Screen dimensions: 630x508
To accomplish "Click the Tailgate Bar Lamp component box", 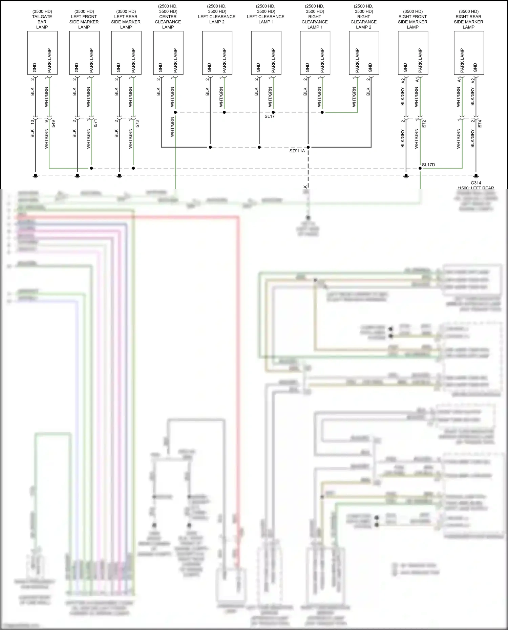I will click(42, 53).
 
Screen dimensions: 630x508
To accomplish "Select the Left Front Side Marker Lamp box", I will click(84, 53).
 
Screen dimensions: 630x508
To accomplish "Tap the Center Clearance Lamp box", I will click(168, 53).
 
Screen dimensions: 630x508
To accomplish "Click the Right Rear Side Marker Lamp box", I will click(469, 53).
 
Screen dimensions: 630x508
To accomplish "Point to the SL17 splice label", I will click(270, 116).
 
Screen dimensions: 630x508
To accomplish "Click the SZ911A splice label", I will click(297, 151).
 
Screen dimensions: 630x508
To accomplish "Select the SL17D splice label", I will click(428, 165).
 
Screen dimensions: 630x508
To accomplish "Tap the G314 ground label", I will click(476, 183).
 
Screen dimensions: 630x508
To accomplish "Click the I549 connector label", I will click(54, 124).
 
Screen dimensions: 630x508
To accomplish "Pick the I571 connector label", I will click(96, 124).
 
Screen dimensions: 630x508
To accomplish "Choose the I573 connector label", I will click(137, 124).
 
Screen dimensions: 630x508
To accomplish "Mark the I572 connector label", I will click(424, 124).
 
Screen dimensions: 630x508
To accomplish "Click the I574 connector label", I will click(480, 124).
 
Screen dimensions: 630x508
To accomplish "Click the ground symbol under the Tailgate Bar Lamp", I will click(35, 176).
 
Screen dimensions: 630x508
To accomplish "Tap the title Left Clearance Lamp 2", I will click(217, 17).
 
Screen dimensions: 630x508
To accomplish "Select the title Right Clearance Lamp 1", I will click(315, 19).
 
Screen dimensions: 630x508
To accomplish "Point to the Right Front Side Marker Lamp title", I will click(412, 19).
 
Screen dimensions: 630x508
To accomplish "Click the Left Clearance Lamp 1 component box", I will click(266, 53).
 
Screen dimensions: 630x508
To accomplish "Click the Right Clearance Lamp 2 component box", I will click(364, 53).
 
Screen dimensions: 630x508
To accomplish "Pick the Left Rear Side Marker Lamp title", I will click(126, 19).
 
